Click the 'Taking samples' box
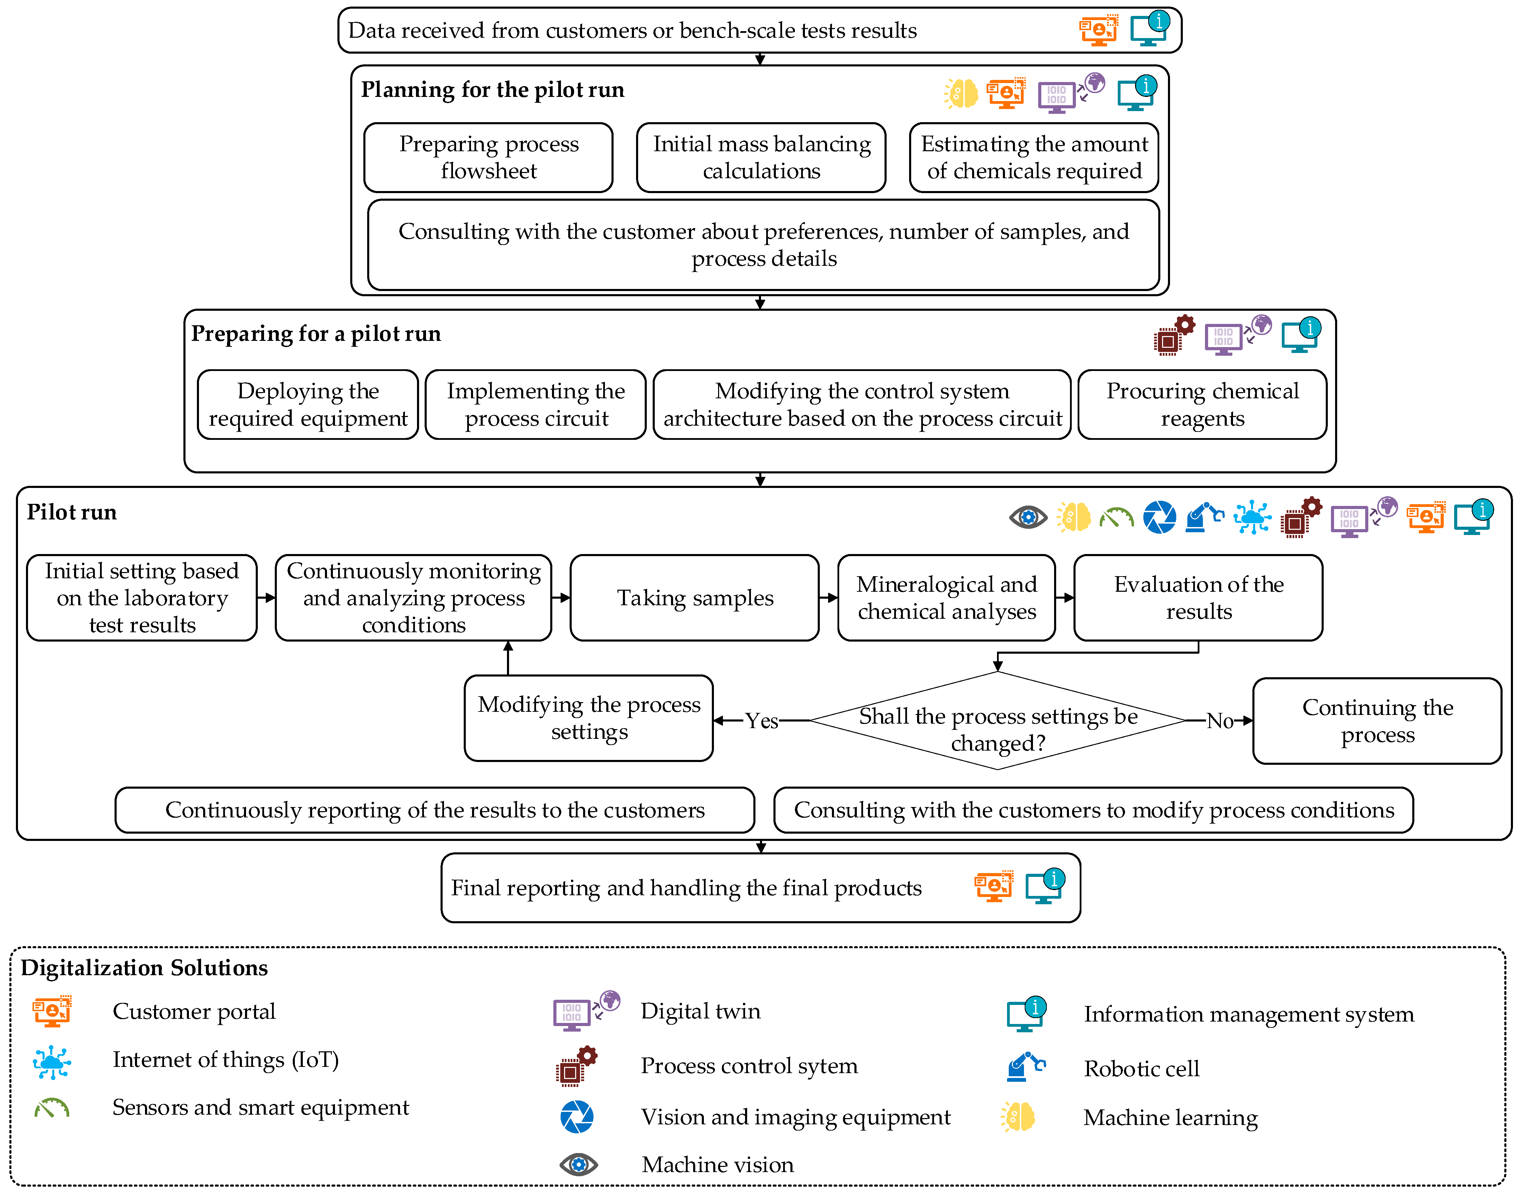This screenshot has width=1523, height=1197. [695, 598]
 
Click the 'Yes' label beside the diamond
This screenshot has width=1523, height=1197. [761, 720]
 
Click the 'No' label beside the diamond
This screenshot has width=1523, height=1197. [1220, 720]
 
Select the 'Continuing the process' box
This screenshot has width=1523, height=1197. [1377, 720]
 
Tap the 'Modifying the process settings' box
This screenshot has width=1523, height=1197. [589, 718]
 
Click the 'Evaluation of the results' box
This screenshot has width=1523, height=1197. [1198, 598]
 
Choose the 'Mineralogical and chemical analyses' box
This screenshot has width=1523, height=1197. [946, 598]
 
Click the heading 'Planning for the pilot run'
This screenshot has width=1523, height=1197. [493, 90]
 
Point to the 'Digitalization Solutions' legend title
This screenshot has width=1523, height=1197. [144, 968]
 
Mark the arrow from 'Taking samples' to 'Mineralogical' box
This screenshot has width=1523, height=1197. [828, 598]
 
